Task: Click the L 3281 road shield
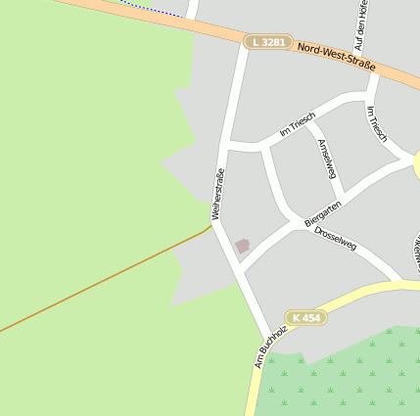(268, 42)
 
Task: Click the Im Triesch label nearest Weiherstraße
(298, 123)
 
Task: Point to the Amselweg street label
(327, 158)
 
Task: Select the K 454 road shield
(305, 317)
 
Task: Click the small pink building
(243, 246)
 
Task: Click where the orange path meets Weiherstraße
(211, 227)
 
